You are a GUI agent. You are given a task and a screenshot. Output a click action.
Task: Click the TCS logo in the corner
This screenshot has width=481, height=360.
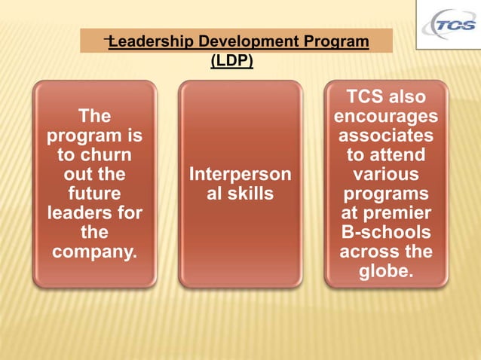[x=449, y=27]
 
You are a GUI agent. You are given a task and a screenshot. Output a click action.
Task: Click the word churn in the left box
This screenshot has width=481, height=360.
[x=108, y=156]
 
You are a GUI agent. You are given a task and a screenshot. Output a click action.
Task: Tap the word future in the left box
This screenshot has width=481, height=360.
[x=94, y=194]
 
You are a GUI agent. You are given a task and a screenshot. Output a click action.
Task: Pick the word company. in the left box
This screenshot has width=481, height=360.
[x=94, y=252]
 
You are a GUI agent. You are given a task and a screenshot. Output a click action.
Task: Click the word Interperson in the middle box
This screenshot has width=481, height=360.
[x=240, y=175]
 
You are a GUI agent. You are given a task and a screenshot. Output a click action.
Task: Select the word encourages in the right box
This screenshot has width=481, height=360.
[x=386, y=117]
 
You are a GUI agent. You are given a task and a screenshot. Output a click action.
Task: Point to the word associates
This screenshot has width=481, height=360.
[x=386, y=136]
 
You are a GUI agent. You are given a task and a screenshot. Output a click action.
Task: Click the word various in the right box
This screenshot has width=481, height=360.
[x=386, y=175]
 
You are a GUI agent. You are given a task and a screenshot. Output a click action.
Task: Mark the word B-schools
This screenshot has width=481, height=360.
[x=386, y=232]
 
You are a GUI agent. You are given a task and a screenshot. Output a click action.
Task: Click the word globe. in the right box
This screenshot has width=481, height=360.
[x=386, y=270]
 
